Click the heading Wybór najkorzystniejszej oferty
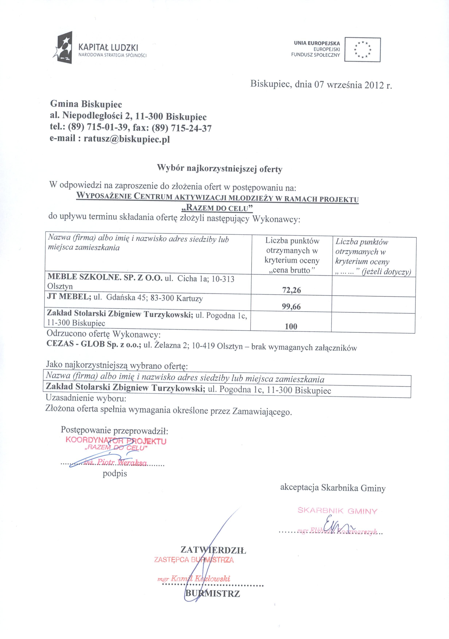[x=220, y=169]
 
